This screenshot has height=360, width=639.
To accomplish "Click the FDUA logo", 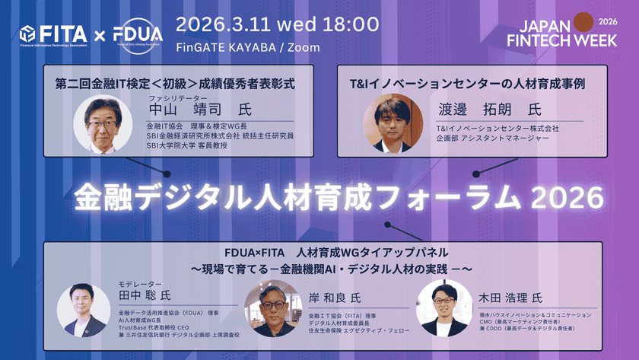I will [137, 35].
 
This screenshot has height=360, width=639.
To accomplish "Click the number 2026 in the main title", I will [567, 199].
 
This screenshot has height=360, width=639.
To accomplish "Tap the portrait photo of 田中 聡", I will [85, 309].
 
